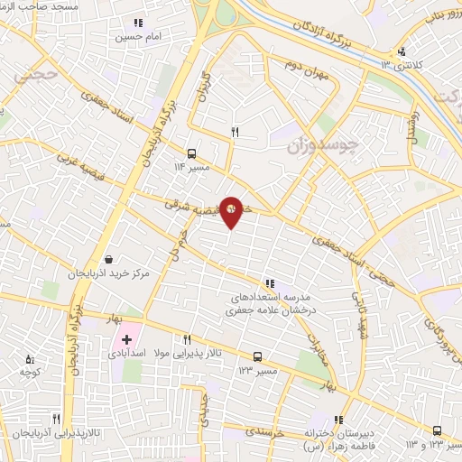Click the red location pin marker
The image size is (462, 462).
(x=232, y=212)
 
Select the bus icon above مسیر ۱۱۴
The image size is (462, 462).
(x=191, y=154)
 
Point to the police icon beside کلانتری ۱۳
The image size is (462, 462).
(x=402, y=51)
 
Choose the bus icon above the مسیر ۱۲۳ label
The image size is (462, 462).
(x=258, y=356)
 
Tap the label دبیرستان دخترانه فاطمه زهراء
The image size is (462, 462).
(x=340, y=438)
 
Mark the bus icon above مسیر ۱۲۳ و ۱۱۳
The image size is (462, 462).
(x=438, y=430)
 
